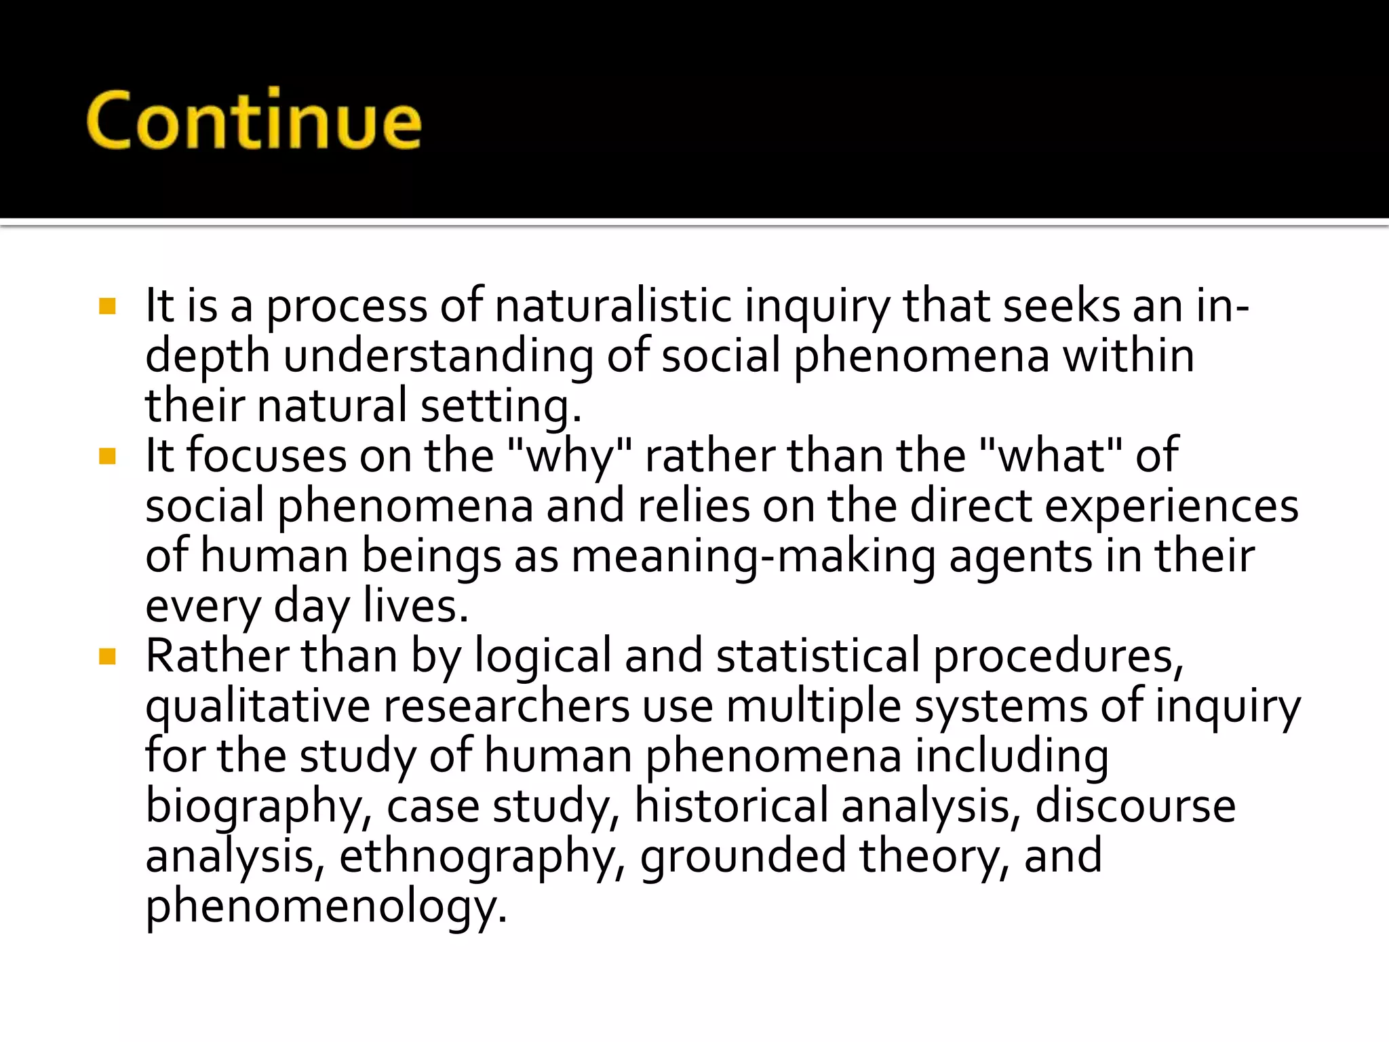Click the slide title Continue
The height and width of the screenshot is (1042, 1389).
coord(254,121)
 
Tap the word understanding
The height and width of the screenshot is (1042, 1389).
coord(438,357)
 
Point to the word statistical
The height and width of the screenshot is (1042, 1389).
coord(817,656)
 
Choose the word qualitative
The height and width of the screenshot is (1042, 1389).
coord(258,707)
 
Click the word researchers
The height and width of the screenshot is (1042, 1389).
coord(507,707)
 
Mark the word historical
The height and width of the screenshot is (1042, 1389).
coord(731,806)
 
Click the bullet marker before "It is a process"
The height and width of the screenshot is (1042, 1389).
coord(107,307)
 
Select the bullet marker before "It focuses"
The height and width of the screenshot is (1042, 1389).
coord(107,457)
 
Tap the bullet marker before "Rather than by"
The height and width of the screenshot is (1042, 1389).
coord(107,657)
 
